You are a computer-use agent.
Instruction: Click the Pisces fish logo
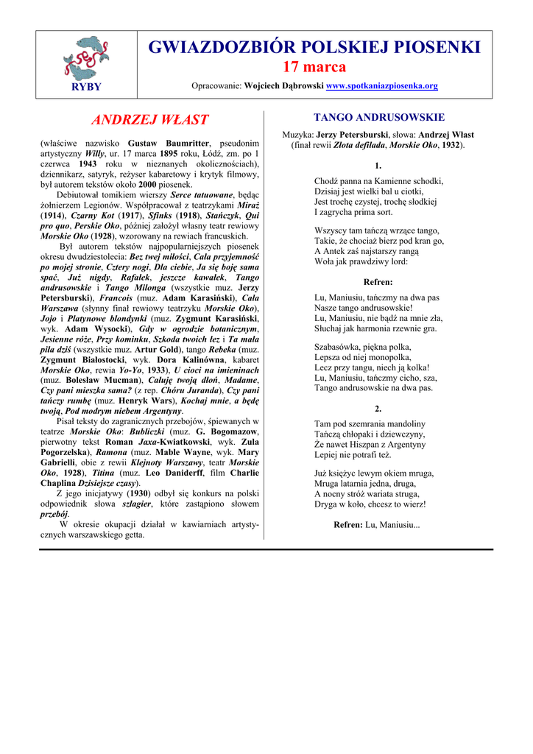[x=86, y=57]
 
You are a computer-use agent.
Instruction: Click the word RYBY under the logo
[x=86, y=86]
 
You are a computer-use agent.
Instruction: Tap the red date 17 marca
[x=314, y=67]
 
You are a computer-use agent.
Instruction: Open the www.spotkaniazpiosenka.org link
[x=381, y=86]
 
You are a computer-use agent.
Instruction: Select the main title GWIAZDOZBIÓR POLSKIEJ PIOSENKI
[x=314, y=48]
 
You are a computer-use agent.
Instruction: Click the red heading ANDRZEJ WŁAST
[x=149, y=119]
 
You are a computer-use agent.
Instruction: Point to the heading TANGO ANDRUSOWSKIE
[x=378, y=117]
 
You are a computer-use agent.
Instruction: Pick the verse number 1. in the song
[x=378, y=166]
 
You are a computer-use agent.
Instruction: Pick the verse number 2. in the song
[x=378, y=408]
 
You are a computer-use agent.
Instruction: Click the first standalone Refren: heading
[x=378, y=282]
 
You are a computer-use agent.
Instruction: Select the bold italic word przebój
[x=54, y=514]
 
